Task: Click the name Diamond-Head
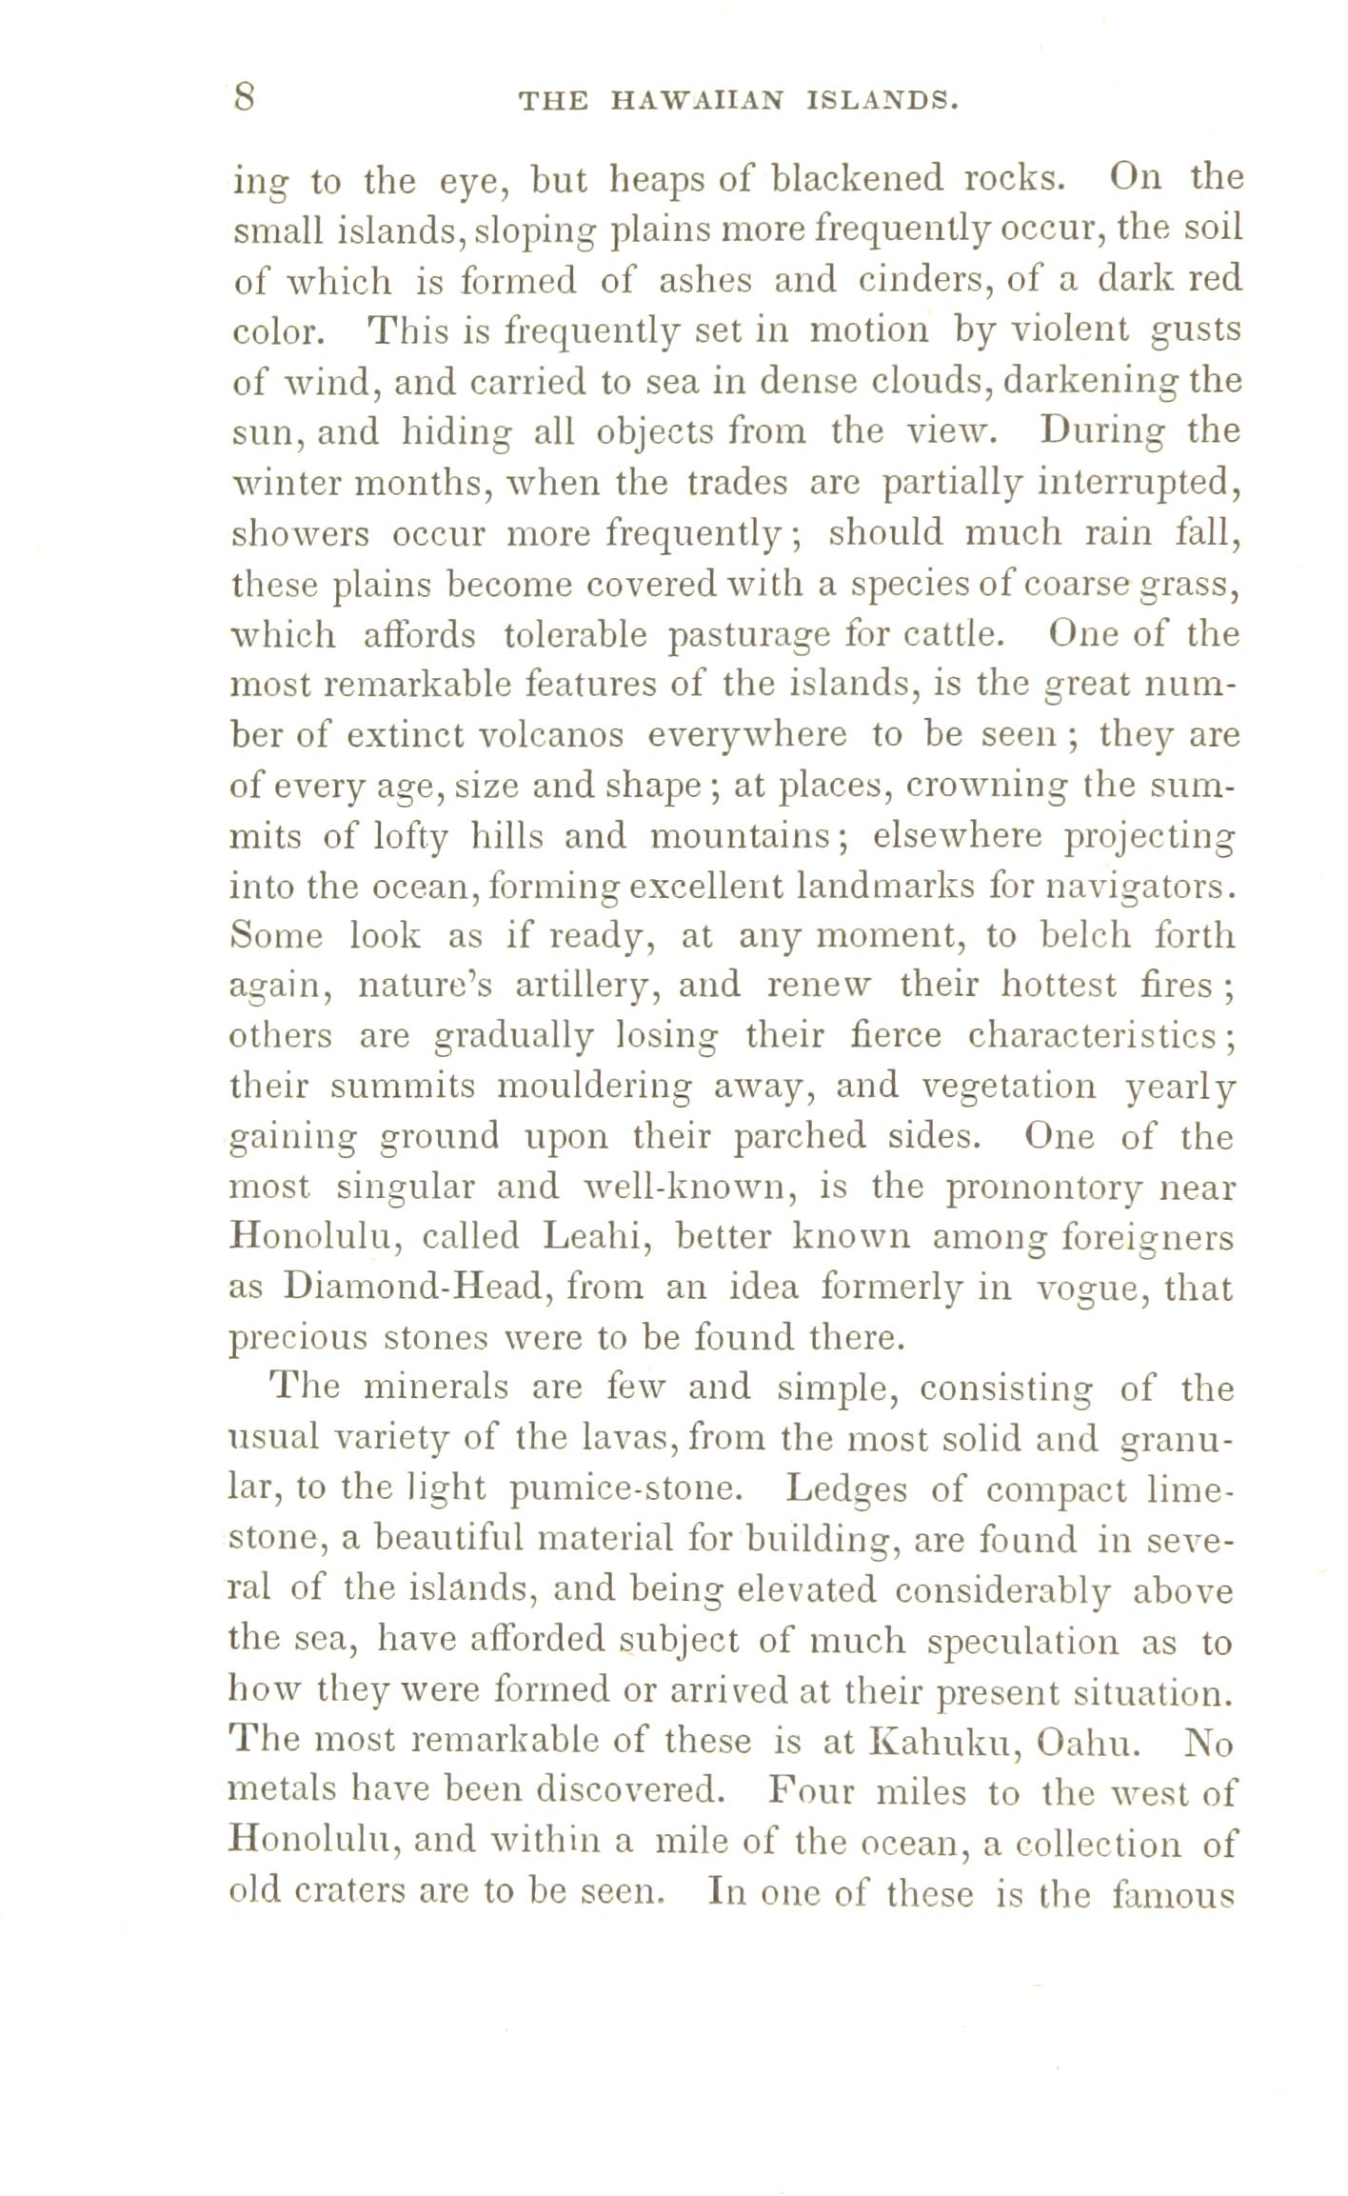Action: (411, 1288)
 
